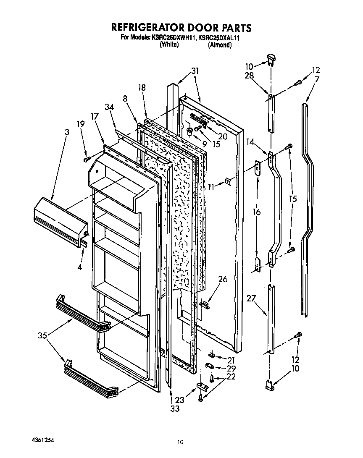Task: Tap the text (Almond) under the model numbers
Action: click(x=220, y=45)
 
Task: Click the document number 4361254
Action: click(x=42, y=440)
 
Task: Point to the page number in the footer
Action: click(x=180, y=442)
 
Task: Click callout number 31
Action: click(x=195, y=71)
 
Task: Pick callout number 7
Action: click(x=316, y=79)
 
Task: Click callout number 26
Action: click(x=222, y=278)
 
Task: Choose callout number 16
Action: click(x=256, y=212)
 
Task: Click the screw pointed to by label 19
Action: click(x=87, y=159)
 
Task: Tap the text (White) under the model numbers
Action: click(x=169, y=45)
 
